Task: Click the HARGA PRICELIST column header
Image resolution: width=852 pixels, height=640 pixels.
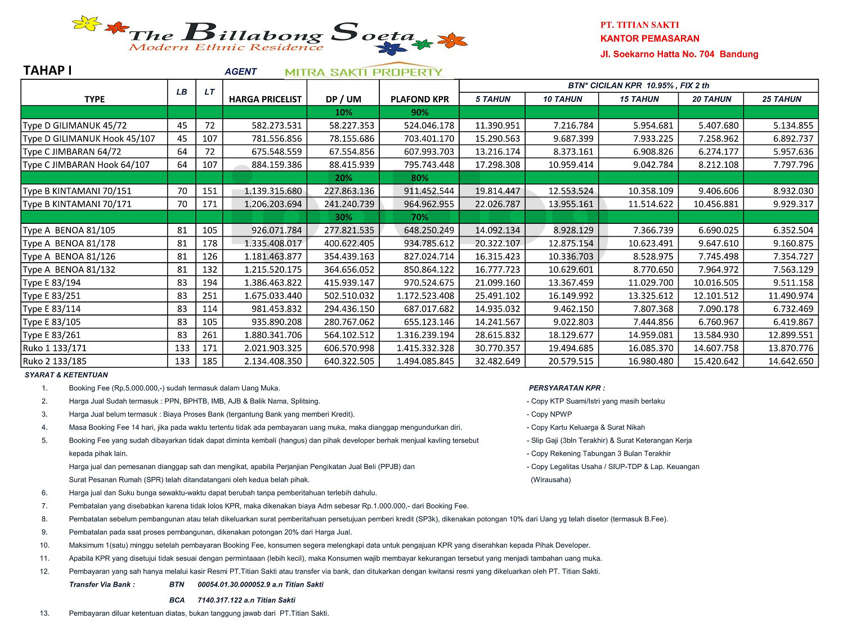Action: coord(265,99)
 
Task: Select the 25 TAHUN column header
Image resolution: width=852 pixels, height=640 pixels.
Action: coord(781,99)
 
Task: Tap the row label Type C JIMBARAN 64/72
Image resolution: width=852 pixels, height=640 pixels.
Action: coord(72,151)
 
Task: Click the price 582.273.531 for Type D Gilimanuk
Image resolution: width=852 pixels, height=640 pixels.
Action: coord(276,125)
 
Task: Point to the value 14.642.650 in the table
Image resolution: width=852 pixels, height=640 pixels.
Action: coord(791,361)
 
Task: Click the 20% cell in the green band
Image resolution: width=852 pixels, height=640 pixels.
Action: coord(343,178)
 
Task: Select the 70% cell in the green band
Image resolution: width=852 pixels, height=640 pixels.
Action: coord(419,217)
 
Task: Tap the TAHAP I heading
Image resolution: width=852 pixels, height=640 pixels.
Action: coord(48,70)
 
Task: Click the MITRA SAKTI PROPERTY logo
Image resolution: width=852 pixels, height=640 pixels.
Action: coord(364,71)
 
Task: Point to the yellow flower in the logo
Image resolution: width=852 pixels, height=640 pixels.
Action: coord(87,24)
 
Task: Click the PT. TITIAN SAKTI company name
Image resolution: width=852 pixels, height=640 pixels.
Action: coord(639,25)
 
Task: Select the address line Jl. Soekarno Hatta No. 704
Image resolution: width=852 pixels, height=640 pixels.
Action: coord(679,54)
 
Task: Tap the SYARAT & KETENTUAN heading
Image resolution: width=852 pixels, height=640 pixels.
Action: coord(66,375)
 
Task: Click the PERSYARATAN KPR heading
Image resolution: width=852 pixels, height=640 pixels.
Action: coord(567,388)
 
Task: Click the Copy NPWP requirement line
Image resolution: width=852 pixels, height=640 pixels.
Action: coord(551,414)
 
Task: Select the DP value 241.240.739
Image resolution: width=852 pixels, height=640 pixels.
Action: coord(349,204)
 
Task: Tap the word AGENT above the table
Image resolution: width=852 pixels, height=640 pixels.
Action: coord(240,71)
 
